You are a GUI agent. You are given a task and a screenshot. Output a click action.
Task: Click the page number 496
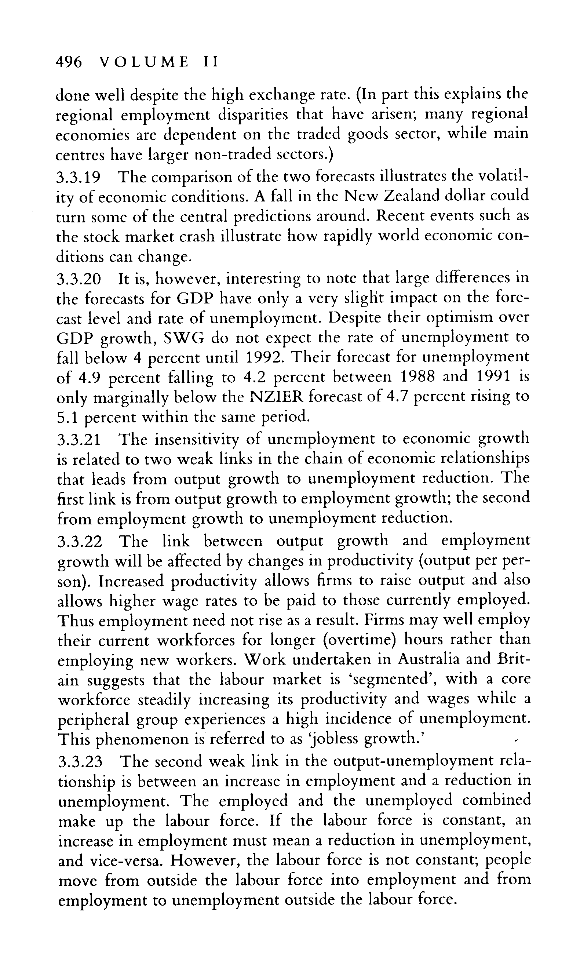click(x=69, y=62)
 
